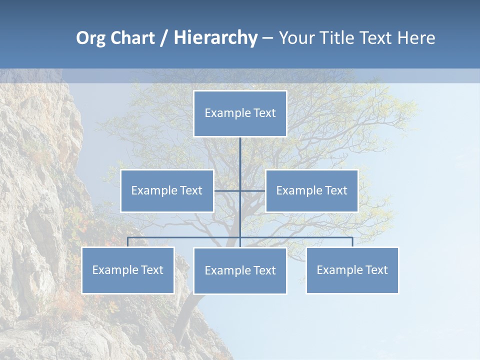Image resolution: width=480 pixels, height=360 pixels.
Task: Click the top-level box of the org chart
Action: (x=240, y=113)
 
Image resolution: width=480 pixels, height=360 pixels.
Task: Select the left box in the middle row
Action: (x=167, y=190)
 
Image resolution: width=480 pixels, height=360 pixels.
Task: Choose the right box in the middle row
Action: (x=311, y=190)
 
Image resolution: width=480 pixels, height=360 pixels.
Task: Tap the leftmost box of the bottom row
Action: (x=128, y=270)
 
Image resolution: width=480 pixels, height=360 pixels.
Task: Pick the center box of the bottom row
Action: (x=240, y=270)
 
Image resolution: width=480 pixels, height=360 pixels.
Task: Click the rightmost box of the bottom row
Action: (x=352, y=270)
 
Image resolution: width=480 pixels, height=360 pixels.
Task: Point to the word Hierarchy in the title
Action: (x=215, y=38)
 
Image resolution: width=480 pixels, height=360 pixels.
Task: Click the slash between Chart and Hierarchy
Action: (x=164, y=38)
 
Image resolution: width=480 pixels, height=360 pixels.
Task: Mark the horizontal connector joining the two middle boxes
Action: (x=227, y=190)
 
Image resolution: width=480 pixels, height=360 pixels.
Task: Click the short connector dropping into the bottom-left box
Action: (x=128, y=242)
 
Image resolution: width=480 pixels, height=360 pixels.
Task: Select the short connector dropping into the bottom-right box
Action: (x=352, y=242)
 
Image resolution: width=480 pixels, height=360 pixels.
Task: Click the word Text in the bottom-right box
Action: (x=376, y=270)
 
